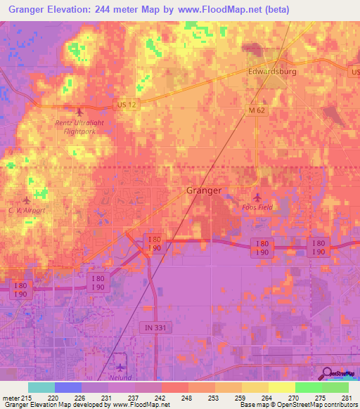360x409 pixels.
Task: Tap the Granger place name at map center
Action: pos(204,190)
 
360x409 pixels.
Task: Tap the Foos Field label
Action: pos(256,207)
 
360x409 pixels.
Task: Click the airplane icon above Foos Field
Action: pos(257,197)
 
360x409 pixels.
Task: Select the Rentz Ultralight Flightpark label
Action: pos(79,126)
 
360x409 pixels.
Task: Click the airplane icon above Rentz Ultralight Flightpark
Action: pos(79,112)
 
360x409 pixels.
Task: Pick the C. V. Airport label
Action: pos(27,210)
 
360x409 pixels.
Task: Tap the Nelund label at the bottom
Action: pos(120,377)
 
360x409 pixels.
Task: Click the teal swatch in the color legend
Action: pos(41,387)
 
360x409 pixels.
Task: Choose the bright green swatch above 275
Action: pos(308,387)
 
